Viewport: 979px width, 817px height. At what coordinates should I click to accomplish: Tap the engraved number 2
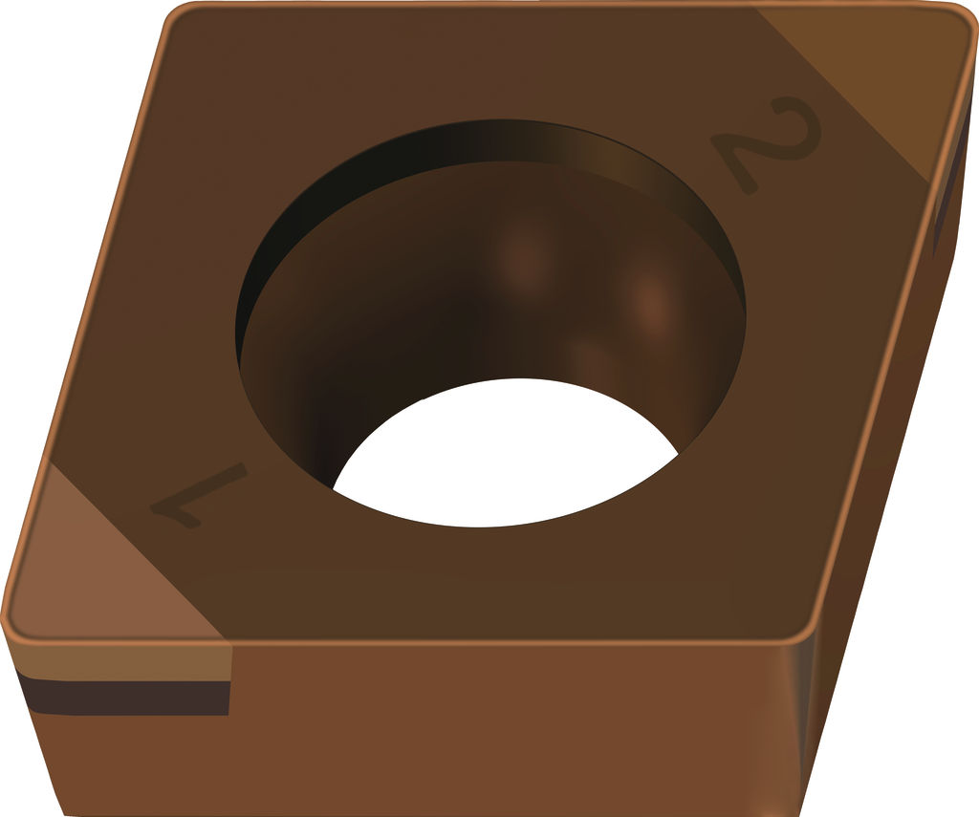(x=767, y=143)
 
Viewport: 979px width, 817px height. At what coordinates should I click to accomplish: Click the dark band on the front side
(x=125, y=698)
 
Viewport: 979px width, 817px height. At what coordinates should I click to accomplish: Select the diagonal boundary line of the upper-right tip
(x=841, y=96)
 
